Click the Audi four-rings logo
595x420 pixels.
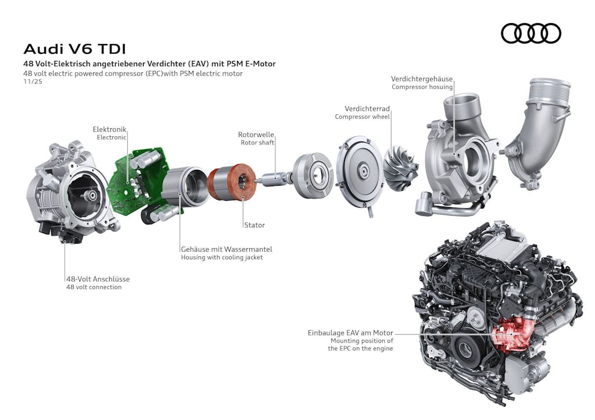(x=531, y=34)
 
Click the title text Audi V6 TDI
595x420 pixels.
(x=74, y=49)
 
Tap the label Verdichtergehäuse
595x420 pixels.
(x=421, y=79)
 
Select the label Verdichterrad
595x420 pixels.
(x=367, y=108)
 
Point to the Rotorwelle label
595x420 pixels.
(x=256, y=135)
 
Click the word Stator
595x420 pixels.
(x=254, y=225)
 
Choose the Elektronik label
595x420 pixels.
(x=109, y=129)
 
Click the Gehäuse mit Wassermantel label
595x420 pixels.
(x=226, y=249)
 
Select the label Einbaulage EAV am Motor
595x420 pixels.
(x=350, y=333)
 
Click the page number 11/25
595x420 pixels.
(x=33, y=82)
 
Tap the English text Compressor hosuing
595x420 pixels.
(x=422, y=87)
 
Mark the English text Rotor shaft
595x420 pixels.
(x=257, y=143)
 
